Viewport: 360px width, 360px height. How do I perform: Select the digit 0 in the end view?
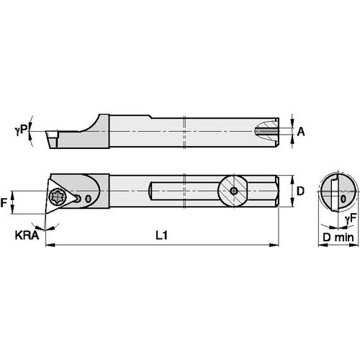pyautogui.click(x=343, y=197)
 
